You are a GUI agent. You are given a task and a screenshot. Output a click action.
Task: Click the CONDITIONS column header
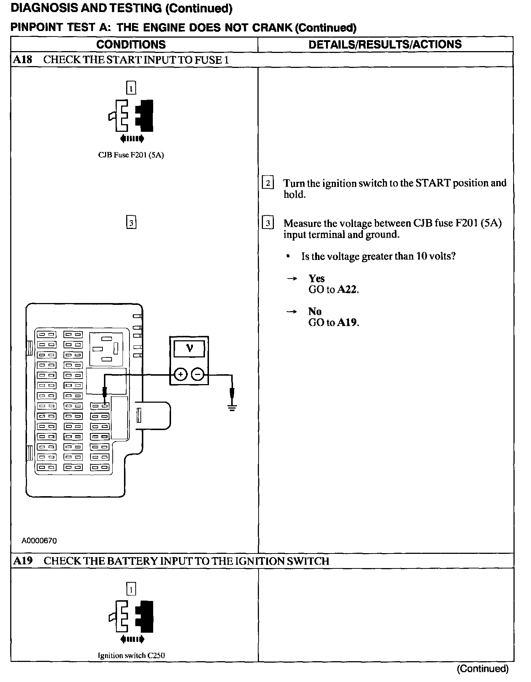[x=131, y=45]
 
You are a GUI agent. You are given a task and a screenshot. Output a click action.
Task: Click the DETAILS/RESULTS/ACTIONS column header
[x=385, y=45]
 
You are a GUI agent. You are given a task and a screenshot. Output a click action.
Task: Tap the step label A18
[x=22, y=60]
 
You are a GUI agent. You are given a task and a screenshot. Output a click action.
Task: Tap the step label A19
[x=23, y=561]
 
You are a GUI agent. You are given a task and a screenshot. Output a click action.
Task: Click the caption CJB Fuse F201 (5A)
[x=131, y=155]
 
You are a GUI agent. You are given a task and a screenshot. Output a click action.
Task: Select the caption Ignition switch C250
[x=131, y=655]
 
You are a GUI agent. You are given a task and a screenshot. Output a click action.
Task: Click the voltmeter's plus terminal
[x=180, y=374]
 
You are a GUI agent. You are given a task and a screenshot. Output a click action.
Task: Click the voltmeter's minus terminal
[x=198, y=374]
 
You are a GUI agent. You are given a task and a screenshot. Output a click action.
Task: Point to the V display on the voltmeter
[x=189, y=349]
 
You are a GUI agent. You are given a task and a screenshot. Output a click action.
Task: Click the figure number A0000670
[x=39, y=541]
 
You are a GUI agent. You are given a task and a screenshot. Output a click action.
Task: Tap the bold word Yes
[x=316, y=279]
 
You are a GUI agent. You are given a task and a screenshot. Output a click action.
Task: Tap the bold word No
[x=315, y=311]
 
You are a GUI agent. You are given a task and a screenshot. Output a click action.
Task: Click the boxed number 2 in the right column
[x=268, y=183]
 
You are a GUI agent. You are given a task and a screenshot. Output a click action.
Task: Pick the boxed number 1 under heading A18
[x=131, y=88]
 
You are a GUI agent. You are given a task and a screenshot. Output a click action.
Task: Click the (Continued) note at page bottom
[x=482, y=668]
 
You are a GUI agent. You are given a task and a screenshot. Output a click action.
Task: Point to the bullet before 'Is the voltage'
[x=288, y=257]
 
